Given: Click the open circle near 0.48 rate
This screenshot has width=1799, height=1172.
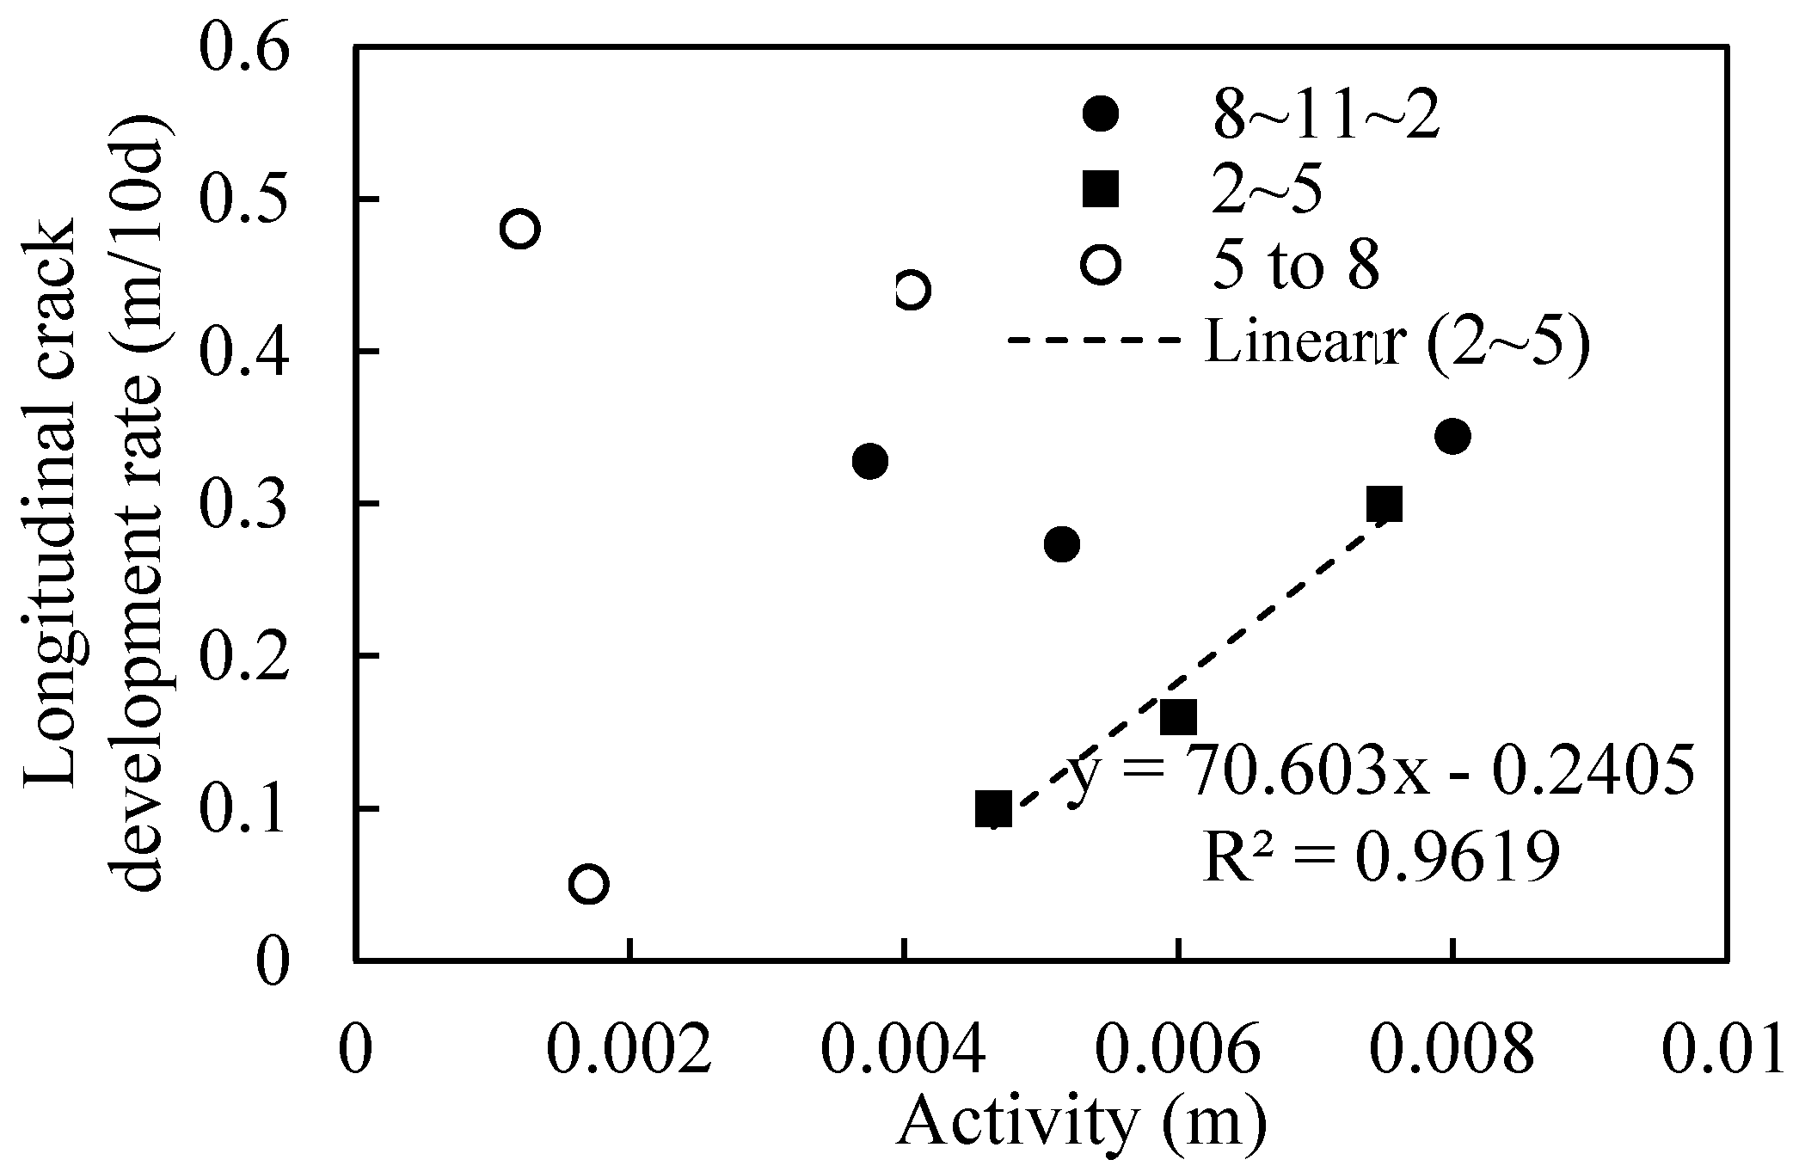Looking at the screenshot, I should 519,229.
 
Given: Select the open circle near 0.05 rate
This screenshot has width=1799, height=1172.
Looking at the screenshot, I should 589,883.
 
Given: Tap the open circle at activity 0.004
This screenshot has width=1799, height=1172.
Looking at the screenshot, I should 912,291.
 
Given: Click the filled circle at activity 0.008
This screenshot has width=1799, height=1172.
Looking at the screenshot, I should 1452,437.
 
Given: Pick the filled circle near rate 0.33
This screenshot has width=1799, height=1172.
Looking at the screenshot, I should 870,461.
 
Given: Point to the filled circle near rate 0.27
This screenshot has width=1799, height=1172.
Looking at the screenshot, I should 1062,543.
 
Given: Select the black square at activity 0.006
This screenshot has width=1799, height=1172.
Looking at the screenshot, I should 1178,716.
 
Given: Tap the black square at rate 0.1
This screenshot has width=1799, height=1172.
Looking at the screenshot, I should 993,808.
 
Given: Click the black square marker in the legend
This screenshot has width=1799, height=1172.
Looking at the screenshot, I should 1101,189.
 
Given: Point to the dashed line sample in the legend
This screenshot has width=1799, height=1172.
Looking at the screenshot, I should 1092,341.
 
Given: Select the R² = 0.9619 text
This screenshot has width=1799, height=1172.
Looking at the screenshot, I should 1380,857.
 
